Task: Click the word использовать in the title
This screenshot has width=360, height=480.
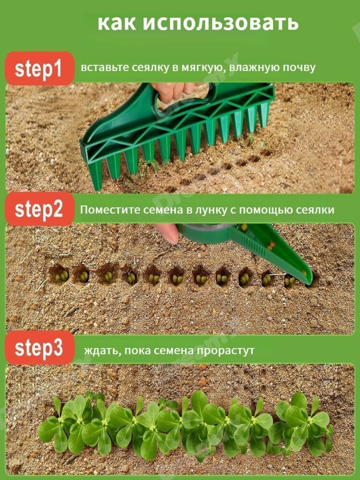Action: (x=220, y=23)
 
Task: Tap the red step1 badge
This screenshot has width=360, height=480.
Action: (x=39, y=68)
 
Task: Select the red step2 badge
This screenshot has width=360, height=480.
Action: (x=39, y=209)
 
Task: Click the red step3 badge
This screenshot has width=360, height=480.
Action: (x=39, y=348)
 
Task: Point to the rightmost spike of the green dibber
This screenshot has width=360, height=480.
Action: (x=263, y=115)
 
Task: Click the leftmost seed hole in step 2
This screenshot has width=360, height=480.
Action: (x=59, y=274)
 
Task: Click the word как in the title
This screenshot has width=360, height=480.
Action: (x=117, y=23)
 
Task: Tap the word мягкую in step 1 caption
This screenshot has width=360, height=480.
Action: (x=204, y=68)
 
